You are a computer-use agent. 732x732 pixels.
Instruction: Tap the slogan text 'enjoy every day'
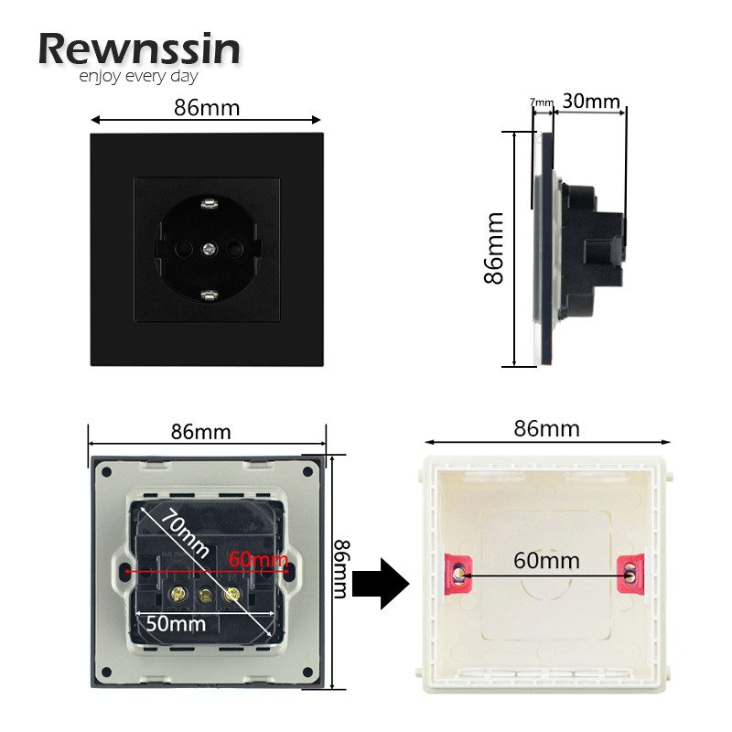point(138,77)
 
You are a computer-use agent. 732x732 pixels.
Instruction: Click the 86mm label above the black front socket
point(207,108)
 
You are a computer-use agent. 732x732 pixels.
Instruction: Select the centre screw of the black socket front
point(208,247)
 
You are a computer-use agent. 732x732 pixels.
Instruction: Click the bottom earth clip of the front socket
point(208,295)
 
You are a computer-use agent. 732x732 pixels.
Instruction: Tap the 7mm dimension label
point(543,102)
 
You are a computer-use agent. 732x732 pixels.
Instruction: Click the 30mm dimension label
point(591,100)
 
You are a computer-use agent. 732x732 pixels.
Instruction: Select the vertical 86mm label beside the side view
point(495,248)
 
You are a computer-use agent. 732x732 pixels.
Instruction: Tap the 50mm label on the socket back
point(175,624)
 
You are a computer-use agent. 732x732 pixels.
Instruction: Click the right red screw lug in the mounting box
point(630,572)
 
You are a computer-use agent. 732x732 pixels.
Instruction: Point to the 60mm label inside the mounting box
point(546,558)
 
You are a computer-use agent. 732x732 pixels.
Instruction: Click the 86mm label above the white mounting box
point(547,428)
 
